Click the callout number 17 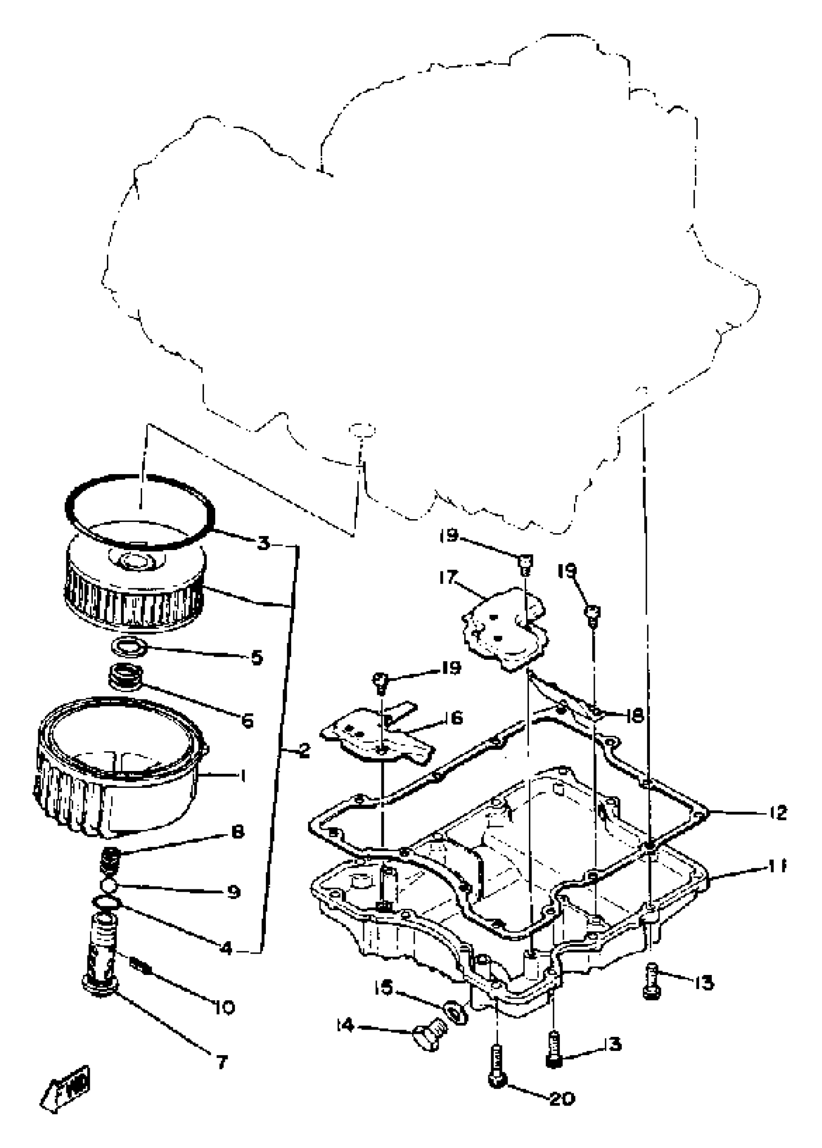(448, 577)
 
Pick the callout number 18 (634, 715)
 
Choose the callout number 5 (257, 658)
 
